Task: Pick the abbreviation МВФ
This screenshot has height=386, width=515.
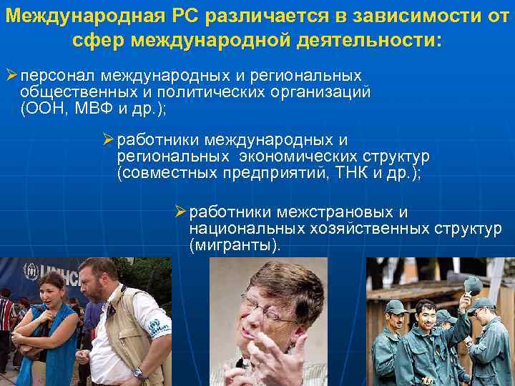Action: pos(93,109)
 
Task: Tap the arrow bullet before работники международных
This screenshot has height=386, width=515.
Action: pos(108,141)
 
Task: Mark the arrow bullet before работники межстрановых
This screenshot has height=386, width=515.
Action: pos(180,212)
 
